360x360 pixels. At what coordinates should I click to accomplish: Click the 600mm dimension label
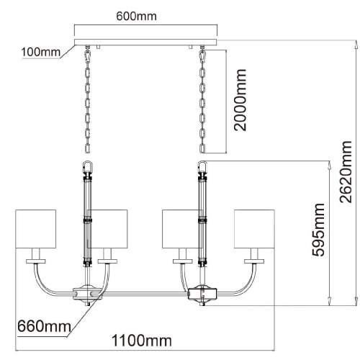click(136, 16)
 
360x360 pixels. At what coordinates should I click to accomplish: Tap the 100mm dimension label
click(40, 52)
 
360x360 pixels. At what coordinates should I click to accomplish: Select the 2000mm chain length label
click(240, 100)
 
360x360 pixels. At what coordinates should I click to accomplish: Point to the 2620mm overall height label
click(346, 172)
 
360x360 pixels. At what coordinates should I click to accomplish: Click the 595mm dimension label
click(318, 230)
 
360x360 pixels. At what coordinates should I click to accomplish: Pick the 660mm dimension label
click(45, 326)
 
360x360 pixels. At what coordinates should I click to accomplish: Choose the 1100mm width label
click(142, 341)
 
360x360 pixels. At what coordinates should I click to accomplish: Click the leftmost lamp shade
click(36, 229)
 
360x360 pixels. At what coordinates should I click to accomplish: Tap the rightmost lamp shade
click(254, 229)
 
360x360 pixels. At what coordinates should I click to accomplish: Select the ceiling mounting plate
click(145, 42)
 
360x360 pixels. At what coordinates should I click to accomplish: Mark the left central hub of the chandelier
click(87, 294)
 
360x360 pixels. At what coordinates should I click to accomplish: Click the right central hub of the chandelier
click(202, 294)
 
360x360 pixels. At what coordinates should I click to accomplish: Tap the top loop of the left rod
click(87, 166)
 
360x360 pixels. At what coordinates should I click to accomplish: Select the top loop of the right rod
click(202, 166)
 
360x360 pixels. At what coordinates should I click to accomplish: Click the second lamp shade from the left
click(107, 229)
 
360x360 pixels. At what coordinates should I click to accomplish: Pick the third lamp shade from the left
click(182, 229)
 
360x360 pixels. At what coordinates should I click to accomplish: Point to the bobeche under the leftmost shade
click(36, 261)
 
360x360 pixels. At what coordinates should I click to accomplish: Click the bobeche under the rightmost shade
click(254, 261)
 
